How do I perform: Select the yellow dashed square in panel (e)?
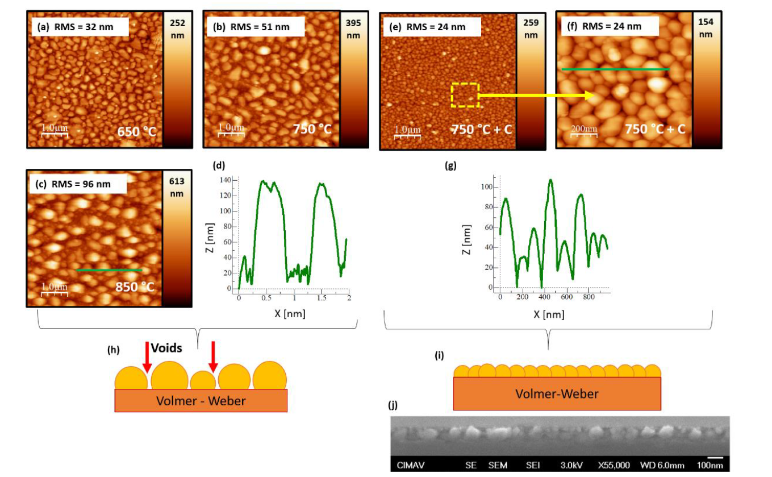click(465, 95)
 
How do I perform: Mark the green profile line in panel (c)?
click(109, 270)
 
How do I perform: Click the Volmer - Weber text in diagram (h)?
click(201, 401)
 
